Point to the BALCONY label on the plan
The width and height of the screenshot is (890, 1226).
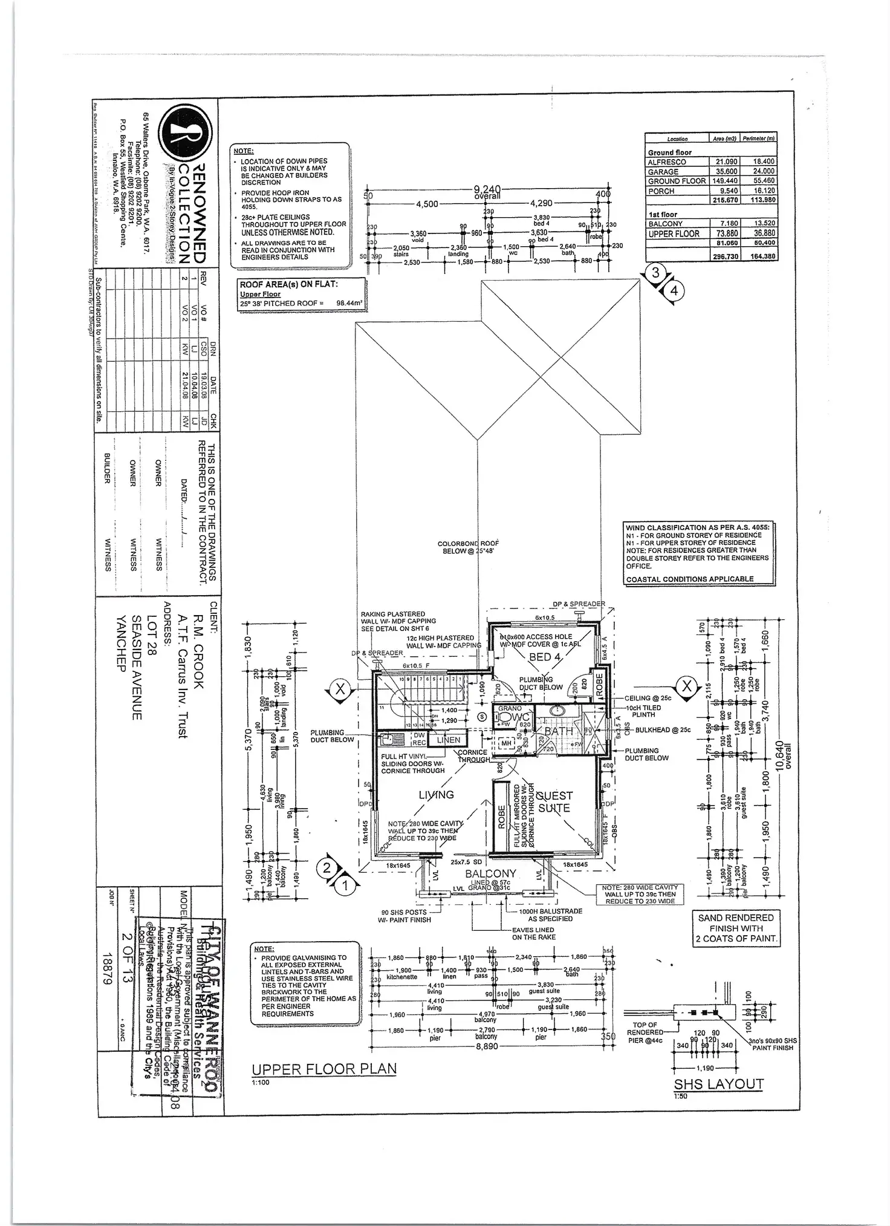pos(490,873)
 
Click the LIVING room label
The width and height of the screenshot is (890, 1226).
pos(436,795)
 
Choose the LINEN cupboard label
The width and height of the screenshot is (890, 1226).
pos(449,740)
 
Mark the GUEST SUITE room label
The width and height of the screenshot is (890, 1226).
pos(554,801)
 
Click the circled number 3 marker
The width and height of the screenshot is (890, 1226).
pos(655,273)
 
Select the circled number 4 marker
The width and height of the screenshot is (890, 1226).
pos(674,291)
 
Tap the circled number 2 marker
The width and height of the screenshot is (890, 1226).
pos(327,869)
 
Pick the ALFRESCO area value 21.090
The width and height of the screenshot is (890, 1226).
pos(725,162)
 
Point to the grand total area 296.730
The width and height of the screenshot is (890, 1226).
pos(725,256)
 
